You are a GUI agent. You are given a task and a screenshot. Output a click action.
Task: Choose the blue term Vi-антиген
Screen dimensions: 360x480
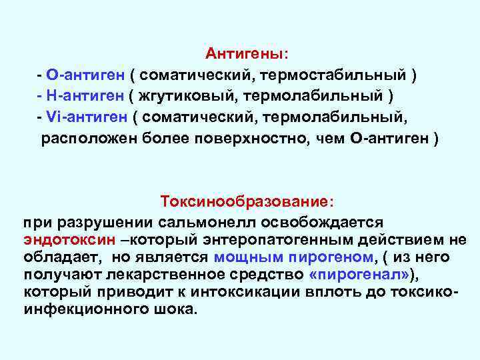(x=87, y=117)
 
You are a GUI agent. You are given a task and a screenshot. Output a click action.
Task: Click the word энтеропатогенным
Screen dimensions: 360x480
(x=298, y=239)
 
